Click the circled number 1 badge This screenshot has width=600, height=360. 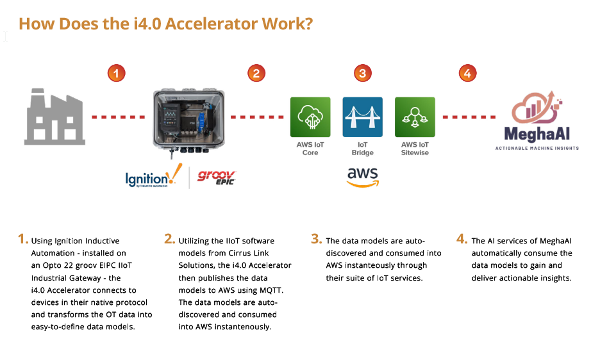(116, 74)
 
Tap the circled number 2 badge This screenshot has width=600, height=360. (256, 74)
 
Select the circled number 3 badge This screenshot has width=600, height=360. (362, 74)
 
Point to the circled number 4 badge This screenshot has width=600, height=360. (467, 74)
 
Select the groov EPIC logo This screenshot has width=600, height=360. (217, 176)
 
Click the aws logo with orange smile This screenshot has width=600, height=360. (362, 177)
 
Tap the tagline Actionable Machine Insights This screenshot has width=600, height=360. (537, 148)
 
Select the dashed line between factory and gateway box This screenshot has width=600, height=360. (119, 117)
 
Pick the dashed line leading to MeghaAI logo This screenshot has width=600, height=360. (469, 117)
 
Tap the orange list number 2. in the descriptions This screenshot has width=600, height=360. (169, 239)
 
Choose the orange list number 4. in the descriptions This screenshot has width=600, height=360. (462, 239)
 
